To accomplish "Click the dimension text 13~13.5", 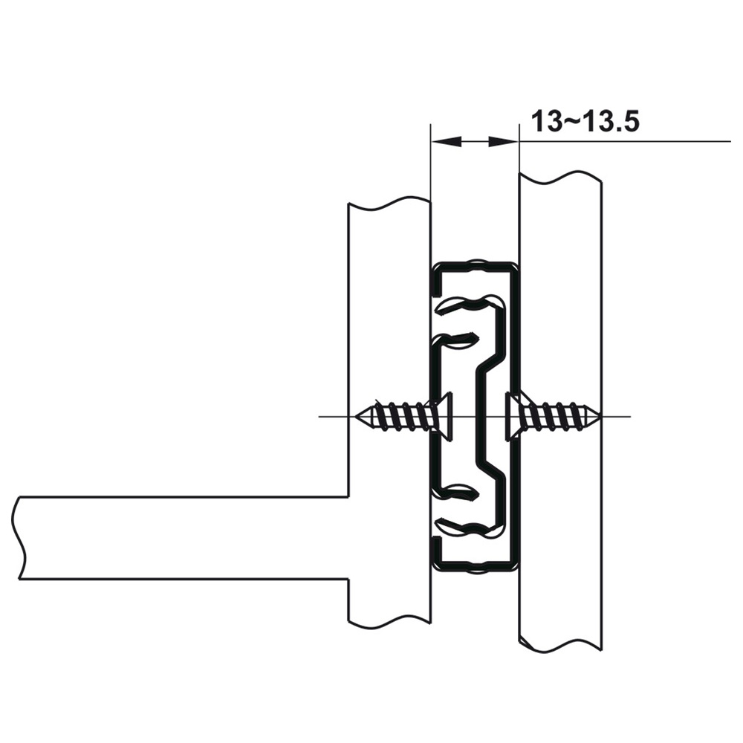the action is click(585, 121).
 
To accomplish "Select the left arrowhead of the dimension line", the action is click(446, 141).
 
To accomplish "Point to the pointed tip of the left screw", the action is click(354, 417).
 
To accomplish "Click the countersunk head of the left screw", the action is click(441, 416).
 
